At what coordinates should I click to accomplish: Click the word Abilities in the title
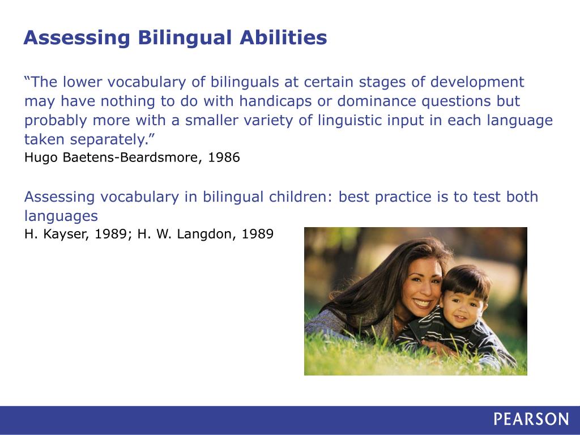click(x=283, y=37)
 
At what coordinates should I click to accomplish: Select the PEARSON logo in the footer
click(x=531, y=419)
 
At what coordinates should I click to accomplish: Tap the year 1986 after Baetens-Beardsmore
click(x=224, y=157)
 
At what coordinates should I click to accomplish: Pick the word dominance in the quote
click(x=377, y=101)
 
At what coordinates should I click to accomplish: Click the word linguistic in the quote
click(x=350, y=121)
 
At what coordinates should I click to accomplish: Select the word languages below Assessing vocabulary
click(x=61, y=216)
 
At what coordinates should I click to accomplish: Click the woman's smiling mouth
click(x=422, y=304)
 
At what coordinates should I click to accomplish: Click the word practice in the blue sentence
click(x=403, y=197)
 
